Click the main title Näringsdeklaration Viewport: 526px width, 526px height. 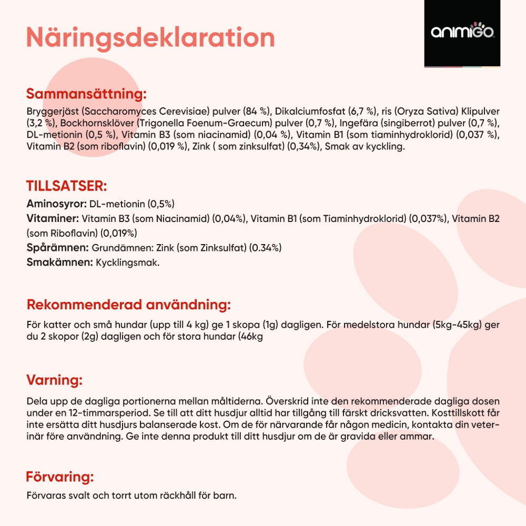(x=150, y=37)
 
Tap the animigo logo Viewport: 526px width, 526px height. (x=462, y=33)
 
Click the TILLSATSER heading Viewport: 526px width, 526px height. (x=67, y=186)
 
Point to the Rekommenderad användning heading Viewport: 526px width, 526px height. (x=128, y=305)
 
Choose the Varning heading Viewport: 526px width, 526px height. (x=54, y=380)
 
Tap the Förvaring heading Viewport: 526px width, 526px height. (x=60, y=477)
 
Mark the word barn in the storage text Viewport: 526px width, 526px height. (x=226, y=495)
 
